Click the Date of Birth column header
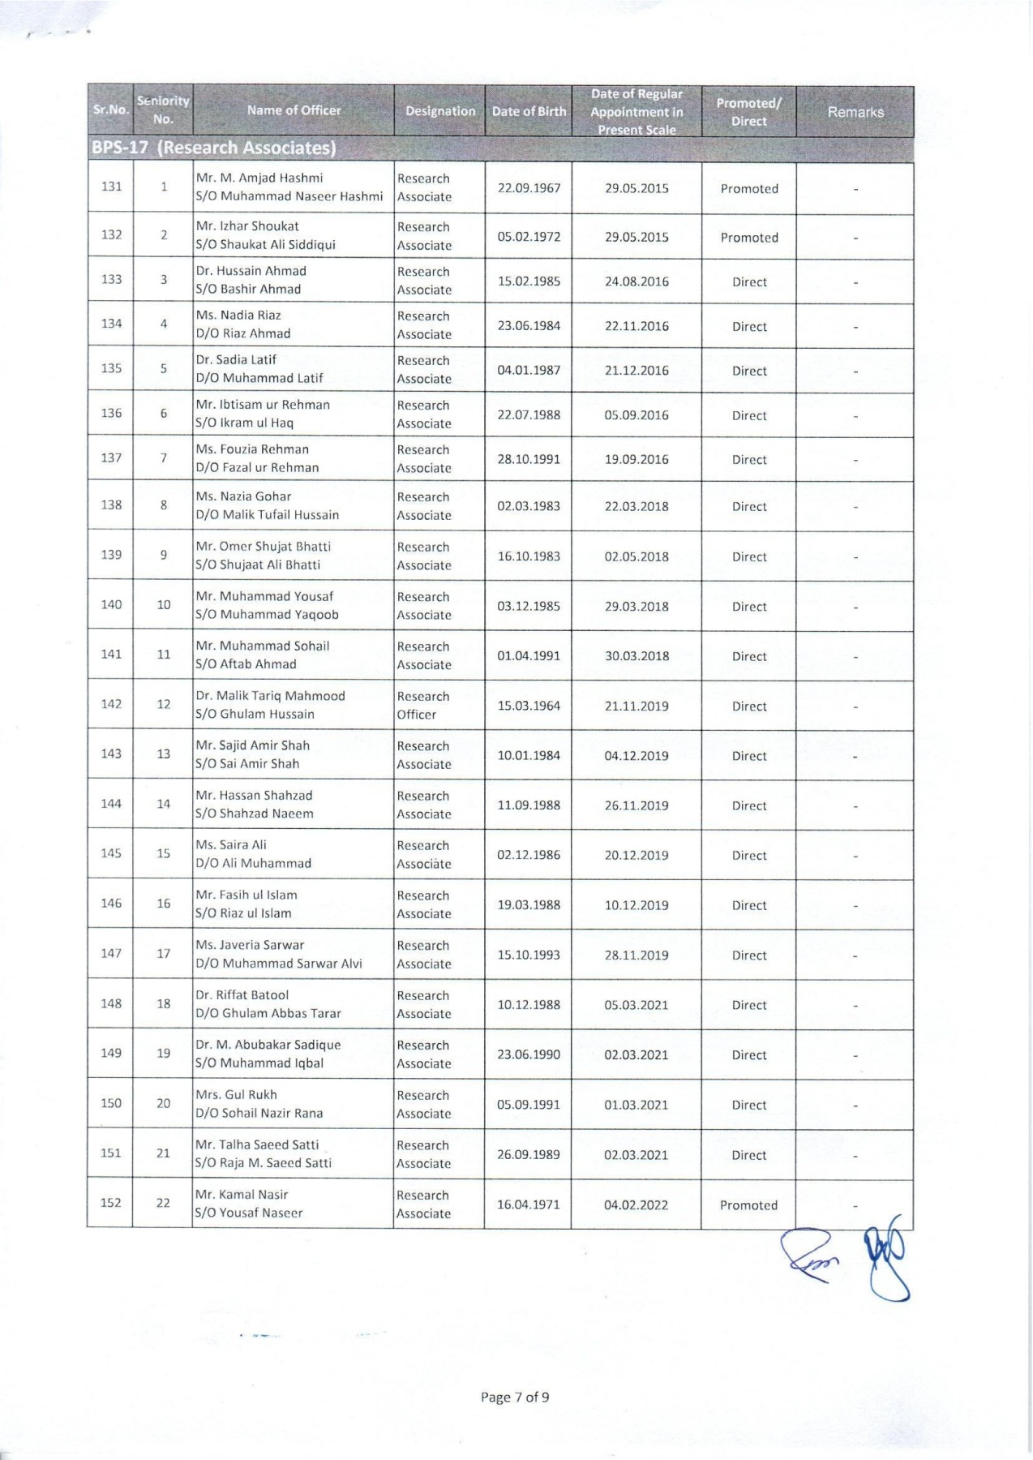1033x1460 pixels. click(529, 112)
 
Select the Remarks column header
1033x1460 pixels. click(855, 112)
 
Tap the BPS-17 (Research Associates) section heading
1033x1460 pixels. click(214, 148)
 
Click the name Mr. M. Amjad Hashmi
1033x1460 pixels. click(259, 178)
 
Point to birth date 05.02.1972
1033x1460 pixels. click(529, 237)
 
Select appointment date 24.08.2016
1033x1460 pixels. click(637, 281)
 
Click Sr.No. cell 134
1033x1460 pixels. click(111, 324)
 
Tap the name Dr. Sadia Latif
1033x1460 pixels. click(236, 360)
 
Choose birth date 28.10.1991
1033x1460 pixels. click(529, 459)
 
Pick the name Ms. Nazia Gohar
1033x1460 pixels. click(243, 496)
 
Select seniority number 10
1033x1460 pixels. click(164, 605)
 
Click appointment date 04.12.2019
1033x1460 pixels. click(637, 756)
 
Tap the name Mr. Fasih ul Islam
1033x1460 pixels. click(246, 895)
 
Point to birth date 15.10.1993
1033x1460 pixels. click(529, 955)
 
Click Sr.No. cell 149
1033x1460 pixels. click(111, 1054)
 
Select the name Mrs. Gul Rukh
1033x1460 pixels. click(236, 1095)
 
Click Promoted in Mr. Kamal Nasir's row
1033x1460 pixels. click(748, 1205)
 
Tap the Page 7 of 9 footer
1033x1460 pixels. click(515, 1398)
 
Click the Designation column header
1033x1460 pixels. click(440, 112)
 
